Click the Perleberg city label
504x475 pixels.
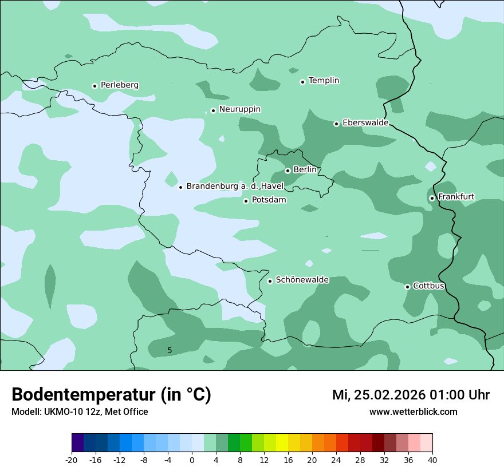coord(119,85)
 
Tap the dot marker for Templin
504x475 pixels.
coord(303,82)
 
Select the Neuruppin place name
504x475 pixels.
coord(239,109)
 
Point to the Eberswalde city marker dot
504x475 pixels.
coord(337,124)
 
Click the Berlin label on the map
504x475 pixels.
coord(305,170)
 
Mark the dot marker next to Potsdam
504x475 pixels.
coord(246,201)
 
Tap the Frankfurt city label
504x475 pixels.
coord(456,197)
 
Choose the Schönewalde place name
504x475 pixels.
coord(302,280)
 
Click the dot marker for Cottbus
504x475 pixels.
coord(407,287)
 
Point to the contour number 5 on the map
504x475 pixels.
coord(170,350)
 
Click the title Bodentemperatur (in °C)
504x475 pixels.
coord(111,395)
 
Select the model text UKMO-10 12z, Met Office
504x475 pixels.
coord(80,412)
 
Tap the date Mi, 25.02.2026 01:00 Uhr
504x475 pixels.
coord(411,395)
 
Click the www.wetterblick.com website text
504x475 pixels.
coord(413,412)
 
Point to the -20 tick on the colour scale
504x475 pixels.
coord(72,460)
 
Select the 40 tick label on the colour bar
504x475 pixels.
coord(432,460)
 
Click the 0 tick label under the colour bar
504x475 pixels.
coord(192,460)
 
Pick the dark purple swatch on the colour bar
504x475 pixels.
coord(77,443)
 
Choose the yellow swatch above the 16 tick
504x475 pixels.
coord(282,443)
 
